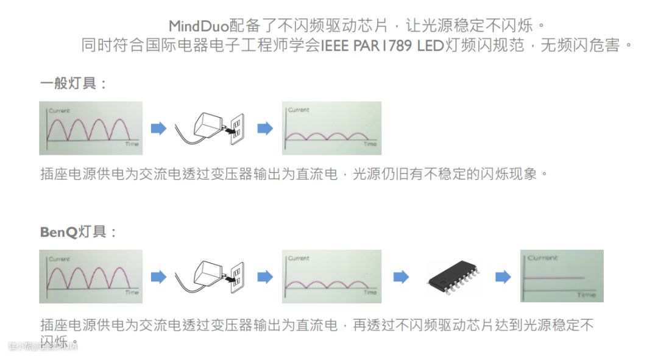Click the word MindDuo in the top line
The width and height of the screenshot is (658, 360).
tap(198, 26)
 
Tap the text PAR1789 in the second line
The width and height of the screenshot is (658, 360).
tap(382, 46)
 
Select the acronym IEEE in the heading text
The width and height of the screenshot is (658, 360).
tap(335, 46)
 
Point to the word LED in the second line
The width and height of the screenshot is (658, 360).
tap(431, 46)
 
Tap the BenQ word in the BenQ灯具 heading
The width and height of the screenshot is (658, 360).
tap(59, 232)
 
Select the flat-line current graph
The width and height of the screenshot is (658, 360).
tap(561, 276)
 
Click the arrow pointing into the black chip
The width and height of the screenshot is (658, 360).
tap(400, 277)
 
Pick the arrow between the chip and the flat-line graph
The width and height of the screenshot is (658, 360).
tap(503, 277)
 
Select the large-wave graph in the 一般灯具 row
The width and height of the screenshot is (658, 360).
tap(91, 128)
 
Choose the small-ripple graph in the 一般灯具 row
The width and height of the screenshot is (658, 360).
tap(331, 128)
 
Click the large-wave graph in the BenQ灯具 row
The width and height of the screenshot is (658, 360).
tap(91, 276)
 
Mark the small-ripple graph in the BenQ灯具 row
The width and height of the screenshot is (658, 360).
tap(331, 276)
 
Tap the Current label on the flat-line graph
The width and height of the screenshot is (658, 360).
tap(542, 258)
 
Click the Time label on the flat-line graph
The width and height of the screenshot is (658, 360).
tap(586, 295)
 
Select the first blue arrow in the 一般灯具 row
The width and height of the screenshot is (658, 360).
tap(158, 129)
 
